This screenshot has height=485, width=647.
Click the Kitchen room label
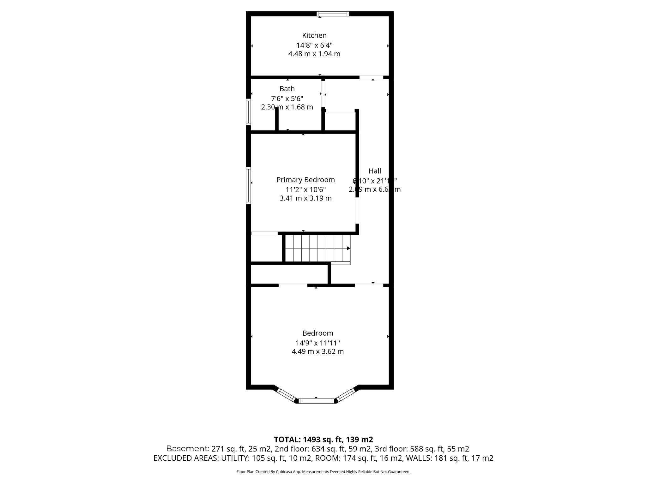pyautogui.click(x=314, y=35)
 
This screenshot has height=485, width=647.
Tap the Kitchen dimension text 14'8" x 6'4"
pyautogui.click(x=314, y=45)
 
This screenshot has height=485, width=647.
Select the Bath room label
pyautogui.click(x=287, y=89)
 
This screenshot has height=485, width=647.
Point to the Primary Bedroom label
pyautogui.click(x=305, y=180)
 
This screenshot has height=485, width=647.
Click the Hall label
pyautogui.click(x=375, y=171)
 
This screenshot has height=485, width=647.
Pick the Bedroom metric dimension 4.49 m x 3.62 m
pyautogui.click(x=317, y=351)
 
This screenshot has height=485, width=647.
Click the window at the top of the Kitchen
pyautogui.click(x=333, y=14)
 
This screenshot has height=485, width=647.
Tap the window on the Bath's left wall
pyautogui.click(x=248, y=112)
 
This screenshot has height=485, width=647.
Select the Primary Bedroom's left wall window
pyautogui.click(x=248, y=185)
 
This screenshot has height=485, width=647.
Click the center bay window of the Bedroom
pyautogui.click(x=316, y=401)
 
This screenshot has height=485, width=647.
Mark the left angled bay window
pyautogui.click(x=286, y=394)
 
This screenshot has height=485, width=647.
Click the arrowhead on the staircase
pyautogui.click(x=348, y=248)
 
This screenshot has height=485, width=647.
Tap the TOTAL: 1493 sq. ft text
pyautogui.click(x=323, y=440)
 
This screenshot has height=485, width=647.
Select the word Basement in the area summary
pyautogui.click(x=187, y=449)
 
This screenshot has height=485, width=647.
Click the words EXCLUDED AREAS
pyautogui.click(x=185, y=458)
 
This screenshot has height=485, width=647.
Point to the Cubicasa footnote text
pyautogui.click(x=323, y=472)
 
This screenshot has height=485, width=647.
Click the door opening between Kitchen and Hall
pyautogui.click(x=371, y=77)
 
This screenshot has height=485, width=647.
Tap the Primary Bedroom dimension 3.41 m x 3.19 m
pyautogui.click(x=305, y=198)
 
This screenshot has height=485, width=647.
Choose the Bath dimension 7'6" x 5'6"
pyautogui.click(x=287, y=98)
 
